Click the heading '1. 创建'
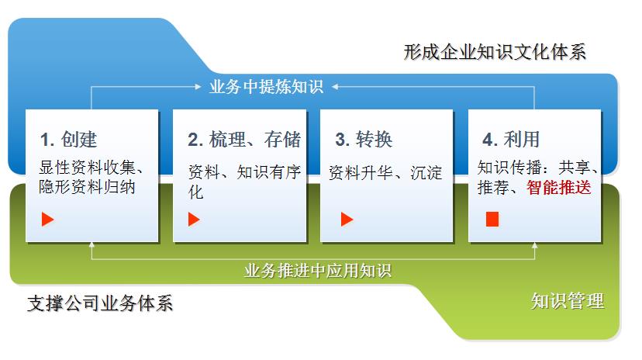[68, 139]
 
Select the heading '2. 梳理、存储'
[244, 139]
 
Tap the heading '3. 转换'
[364, 139]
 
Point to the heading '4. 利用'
[510, 139]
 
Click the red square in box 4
[492, 219]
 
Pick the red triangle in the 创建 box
[47, 219]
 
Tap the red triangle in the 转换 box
[347, 219]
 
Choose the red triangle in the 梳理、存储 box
[194, 219]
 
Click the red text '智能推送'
[558, 187]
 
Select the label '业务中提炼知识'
[266, 87]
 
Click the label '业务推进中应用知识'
[318, 271]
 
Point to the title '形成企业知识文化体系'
[495, 52]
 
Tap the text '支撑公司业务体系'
[100, 303]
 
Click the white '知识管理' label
[568, 301]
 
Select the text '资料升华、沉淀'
[385, 172]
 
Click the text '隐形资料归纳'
[87, 187]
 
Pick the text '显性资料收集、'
[91, 167]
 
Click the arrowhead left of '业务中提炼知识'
[198, 87]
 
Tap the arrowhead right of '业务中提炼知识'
[335, 87]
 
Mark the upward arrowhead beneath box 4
[534, 245]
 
